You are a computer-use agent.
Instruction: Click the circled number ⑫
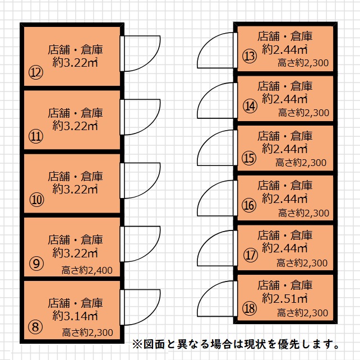(36, 72)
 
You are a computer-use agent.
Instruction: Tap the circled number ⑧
(35, 326)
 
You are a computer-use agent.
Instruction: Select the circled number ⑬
(250, 56)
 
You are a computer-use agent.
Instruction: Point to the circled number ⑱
(250, 308)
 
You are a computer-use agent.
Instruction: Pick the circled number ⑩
(36, 200)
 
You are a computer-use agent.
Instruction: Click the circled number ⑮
(249, 158)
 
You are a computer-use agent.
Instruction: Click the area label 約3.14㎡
(75, 316)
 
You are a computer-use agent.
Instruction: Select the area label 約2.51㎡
(285, 298)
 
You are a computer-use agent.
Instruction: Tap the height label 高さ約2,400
(87, 270)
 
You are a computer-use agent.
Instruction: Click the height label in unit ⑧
(87, 333)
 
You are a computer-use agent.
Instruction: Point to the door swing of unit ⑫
(140, 53)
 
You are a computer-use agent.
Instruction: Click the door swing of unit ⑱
(217, 299)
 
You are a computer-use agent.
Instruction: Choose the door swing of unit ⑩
(140, 181)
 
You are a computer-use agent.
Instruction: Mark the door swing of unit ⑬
(217, 50)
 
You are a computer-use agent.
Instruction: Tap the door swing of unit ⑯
(217, 198)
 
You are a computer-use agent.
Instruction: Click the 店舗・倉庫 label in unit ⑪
(75, 113)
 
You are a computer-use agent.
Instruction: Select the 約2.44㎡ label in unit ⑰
(285, 248)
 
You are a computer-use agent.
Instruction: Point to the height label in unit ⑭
(304, 113)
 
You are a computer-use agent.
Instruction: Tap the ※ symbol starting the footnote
(137, 344)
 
